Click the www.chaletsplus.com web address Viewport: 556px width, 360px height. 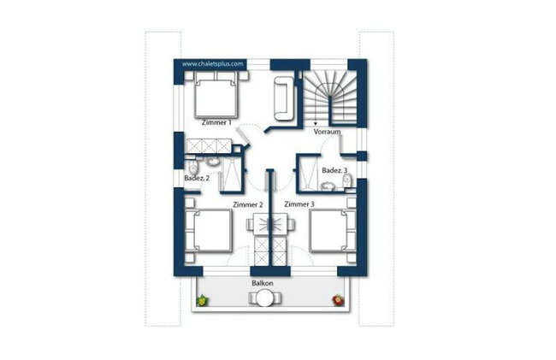pos(214,63)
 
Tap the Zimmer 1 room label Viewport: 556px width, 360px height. pos(216,123)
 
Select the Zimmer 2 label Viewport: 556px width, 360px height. pos(247,204)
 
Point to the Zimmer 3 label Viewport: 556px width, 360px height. pos(299,204)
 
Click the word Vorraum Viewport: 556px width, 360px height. pos(327,133)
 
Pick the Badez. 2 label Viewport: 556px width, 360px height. pos(197,178)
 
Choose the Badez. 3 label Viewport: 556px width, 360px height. pos(334,171)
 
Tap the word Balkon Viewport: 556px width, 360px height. pos(262,282)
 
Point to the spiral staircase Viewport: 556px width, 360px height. pos(328,94)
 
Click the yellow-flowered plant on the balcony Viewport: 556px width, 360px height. pos(203,300)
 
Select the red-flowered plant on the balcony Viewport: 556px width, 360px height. pos(337,299)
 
